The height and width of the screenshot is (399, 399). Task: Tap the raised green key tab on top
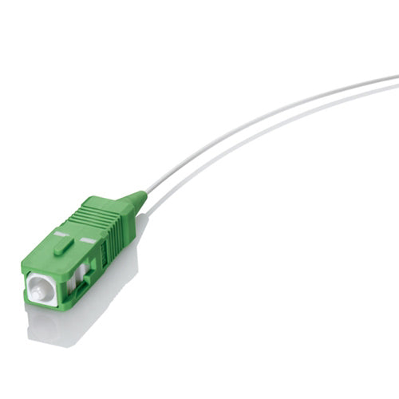(x=63, y=245)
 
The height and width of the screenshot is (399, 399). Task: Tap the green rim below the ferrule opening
(x=44, y=305)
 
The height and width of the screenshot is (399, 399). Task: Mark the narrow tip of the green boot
(x=144, y=196)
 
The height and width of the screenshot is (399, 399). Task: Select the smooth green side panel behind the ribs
(x=112, y=243)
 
